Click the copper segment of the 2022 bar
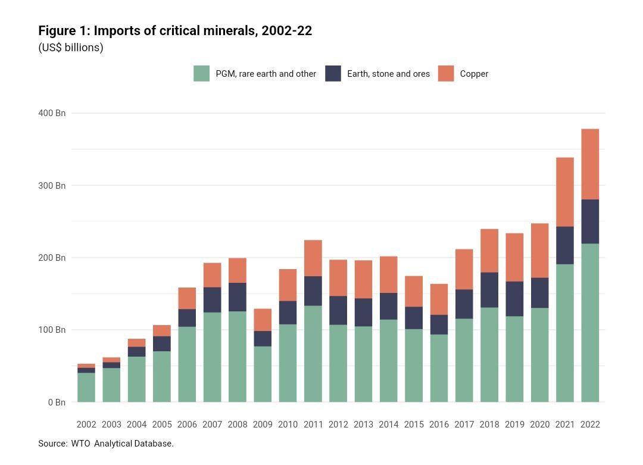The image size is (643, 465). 590,164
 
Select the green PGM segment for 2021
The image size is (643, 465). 565,333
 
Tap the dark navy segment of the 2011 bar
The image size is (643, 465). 313,291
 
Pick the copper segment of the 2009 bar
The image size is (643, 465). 263,320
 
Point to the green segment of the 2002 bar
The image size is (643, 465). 86,387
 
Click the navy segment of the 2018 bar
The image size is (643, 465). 489,290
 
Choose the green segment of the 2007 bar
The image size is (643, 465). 212,357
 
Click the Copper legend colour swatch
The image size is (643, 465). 446,74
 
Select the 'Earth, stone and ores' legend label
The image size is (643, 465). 388,74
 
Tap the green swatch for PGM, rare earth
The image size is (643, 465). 202,74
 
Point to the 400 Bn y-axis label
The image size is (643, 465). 52,113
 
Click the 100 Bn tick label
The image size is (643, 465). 52,330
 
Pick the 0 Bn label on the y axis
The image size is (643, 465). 56,402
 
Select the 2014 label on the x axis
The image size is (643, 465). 389,425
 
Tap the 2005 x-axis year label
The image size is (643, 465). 162,425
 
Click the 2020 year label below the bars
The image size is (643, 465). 540,425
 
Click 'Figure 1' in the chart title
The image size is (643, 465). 63,30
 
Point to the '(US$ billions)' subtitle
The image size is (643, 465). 71,48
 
